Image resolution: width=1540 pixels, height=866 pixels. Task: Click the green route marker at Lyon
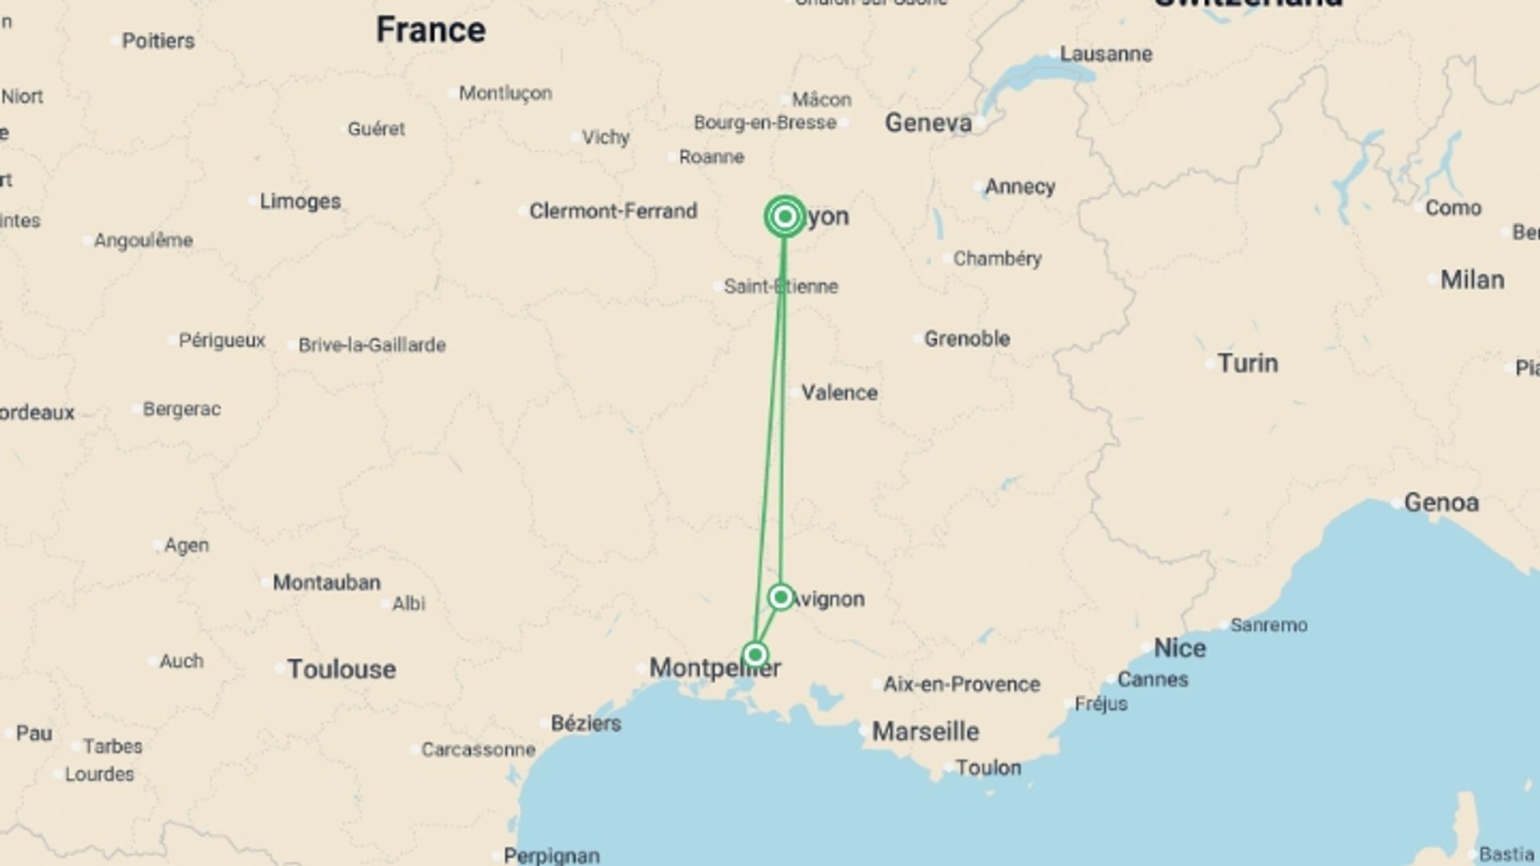[x=785, y=216]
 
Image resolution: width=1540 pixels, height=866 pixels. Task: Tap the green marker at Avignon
[x=780, y=597]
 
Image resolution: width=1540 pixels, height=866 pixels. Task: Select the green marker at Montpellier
[x=755, y=655]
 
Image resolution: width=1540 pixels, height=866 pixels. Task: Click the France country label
[x=431, y=30]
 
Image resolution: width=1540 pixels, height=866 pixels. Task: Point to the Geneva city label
[x=928, y=123]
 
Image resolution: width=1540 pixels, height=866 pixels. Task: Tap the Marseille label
[x=925, y=731]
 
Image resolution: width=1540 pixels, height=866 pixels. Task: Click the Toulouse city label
[x=342, y=669]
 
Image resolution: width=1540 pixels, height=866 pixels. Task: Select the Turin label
[x=1247, y=363]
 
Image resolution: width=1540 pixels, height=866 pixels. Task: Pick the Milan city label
[x=1472, y=280]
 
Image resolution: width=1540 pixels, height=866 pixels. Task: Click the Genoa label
[x=1441, y=503]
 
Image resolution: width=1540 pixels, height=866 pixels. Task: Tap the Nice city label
[x=1179, y=648]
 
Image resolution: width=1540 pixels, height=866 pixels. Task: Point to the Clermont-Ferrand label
[x=613, y=211]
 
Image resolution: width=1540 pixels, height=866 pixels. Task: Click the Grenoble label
[x=967, y=338]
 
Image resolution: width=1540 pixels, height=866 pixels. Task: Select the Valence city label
[x=839, y=393]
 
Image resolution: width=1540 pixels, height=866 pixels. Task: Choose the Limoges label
[x=300, y=201]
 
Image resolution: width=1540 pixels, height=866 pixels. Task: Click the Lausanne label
[x=1106, y=54]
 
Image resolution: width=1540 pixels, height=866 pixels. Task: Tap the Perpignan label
[x=551, y=856]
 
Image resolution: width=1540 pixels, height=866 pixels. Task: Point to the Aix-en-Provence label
[x=961, y=684]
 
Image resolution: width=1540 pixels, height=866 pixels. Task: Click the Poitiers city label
[x=158, y=41]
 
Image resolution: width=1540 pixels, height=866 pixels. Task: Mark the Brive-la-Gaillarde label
[x=372, y=345]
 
